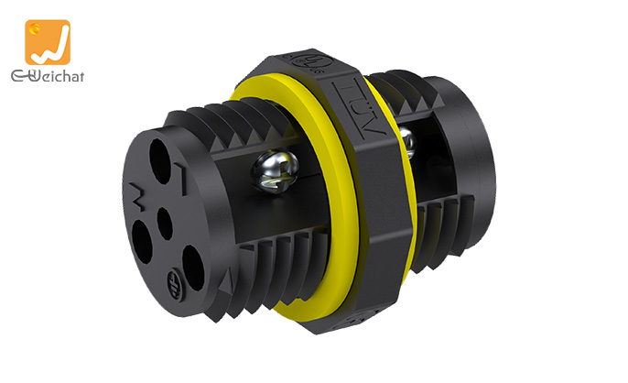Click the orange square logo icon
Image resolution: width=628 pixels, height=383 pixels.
pos(48,42)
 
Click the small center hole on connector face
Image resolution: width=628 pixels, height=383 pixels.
pos(165,220)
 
